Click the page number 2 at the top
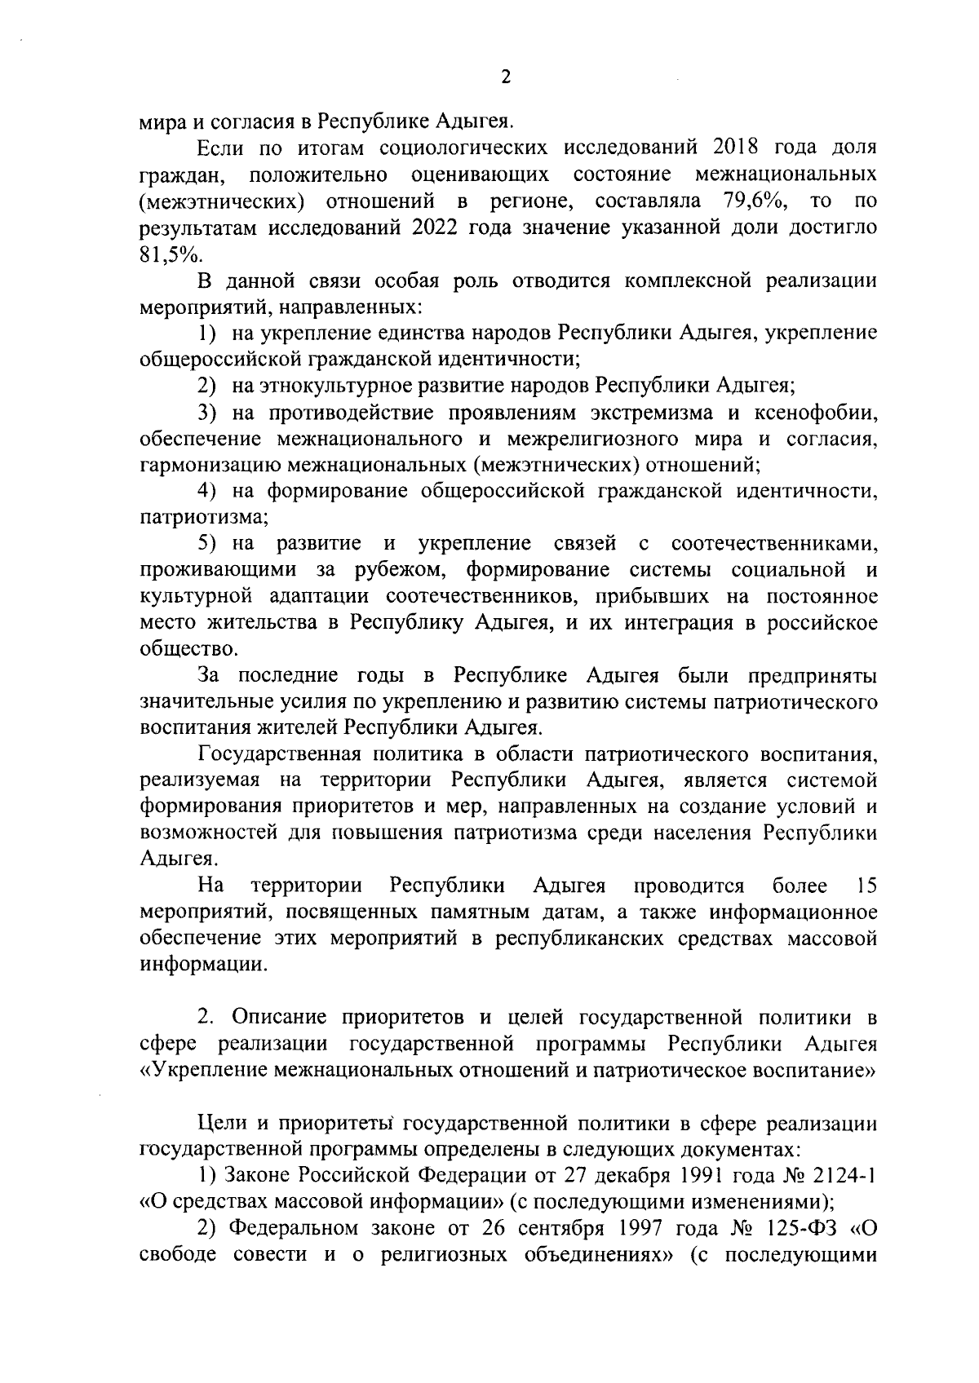click(505, 77)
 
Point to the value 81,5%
click(169, 254)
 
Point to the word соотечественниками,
click(774, 544)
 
